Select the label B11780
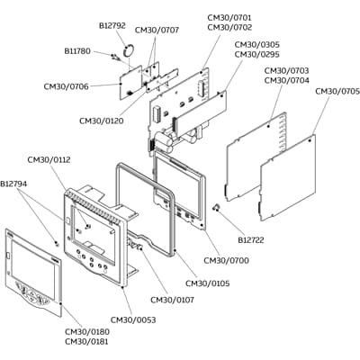click(77, 51)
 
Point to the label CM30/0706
click(66, 86)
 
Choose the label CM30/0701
click(229, 17)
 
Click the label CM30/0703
click(287, 70)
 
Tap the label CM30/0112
click(49, 160)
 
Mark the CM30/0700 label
click(228, 261)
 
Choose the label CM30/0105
click(207, 283)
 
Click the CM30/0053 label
click(132, 320)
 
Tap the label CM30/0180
click(86, 331)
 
